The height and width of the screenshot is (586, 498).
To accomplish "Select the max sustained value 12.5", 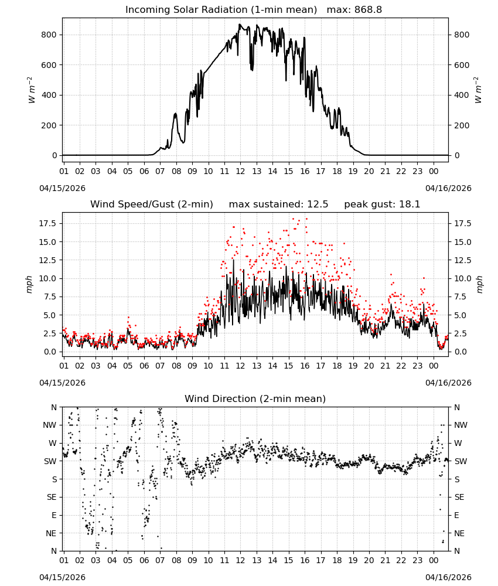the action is point(318,205).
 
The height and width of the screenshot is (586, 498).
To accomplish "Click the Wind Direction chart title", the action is point(255,398).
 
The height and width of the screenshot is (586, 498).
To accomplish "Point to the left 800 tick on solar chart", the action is point(49,35).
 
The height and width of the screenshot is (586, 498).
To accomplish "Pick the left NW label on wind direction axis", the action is point(50,425).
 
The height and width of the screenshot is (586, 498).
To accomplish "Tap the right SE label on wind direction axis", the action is point(459,497).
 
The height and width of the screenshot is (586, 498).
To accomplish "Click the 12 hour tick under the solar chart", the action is point(240,171).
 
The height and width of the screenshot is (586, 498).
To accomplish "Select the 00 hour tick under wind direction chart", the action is point(434,560).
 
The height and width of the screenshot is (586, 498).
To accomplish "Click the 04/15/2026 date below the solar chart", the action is point(62,188).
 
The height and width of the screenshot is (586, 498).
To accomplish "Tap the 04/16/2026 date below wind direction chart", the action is point(448,577).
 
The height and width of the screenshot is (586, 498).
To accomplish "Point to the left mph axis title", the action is point(30,284).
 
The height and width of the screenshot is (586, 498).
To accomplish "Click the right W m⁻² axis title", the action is point(478,90).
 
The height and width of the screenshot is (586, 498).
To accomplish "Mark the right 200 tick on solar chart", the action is point(462,125).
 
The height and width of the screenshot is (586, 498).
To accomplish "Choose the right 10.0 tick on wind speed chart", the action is point(462,278).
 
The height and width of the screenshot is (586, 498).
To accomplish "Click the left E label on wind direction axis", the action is point(54,515).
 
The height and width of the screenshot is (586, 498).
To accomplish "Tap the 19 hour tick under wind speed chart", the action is point(353,366).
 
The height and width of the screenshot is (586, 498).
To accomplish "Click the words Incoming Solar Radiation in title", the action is point(186,10).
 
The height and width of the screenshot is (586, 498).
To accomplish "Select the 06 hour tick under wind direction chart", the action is point(144,560).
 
